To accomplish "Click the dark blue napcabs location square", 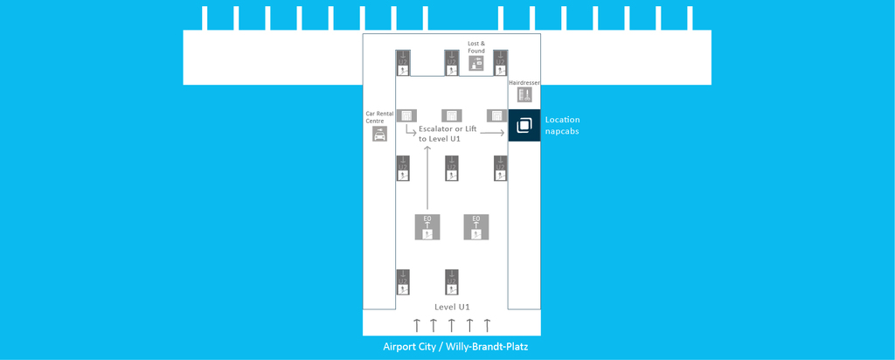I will pyautogui.click(x=524, y=126).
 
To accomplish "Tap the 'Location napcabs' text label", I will pyautogui.click(x=562, y=125).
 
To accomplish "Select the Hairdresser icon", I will pyautogui.click(x=524, y=94).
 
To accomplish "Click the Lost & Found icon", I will pyautogui.click(x=476, y=62).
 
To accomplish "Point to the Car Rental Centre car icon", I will pyautogui.click(x=380, y=135).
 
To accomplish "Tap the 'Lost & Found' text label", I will pyautogui.click(x=476, y=47).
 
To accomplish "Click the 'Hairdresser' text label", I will pyautogui.click(x=524, y=83).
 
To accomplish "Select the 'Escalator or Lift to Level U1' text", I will pyautogui.click(x=447, y=134).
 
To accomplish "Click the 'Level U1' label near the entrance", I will pyautogui.click(x=452, y=307).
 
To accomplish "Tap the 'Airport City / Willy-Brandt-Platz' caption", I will pyautogui.click(x=455, y=347).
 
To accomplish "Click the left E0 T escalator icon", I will pyautogui.click(x=427, y=226).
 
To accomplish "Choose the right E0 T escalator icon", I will pyautogui.click(x=476, y=226).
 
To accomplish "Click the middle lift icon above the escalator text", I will pyautogui.click(x=451, y=115).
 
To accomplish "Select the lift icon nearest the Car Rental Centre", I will pyautogui.click(x=406, y=115).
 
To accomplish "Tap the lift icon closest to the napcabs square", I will pyautogui.click(x=496, y=115).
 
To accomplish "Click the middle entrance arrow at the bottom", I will pyautogui.click(x=452, y=325).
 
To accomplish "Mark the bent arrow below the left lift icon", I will pyautogui.click(x=410, y=131).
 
